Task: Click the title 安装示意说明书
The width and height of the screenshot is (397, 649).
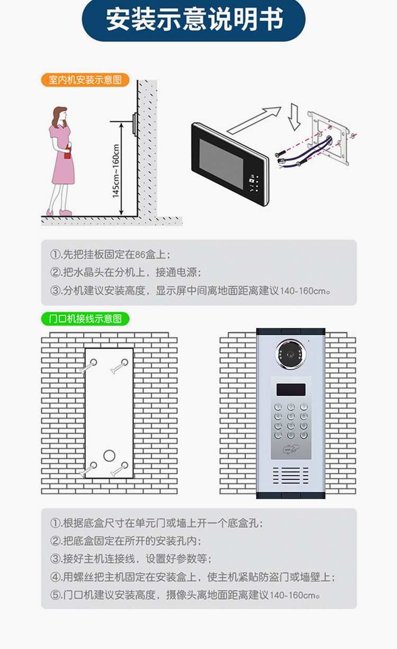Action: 194,20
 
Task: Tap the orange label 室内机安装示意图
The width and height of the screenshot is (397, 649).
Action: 85,80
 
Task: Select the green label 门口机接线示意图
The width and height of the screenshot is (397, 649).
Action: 85,318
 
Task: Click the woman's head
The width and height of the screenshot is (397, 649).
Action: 60,115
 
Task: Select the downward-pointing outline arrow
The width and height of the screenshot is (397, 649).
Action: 295,117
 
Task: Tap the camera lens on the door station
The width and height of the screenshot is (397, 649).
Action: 290,353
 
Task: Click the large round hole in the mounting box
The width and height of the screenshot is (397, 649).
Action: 109,456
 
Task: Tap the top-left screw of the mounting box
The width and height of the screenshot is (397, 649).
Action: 93,362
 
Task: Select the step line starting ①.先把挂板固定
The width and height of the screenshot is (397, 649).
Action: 111,254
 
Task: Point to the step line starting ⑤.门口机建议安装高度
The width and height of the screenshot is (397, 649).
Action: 185,594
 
